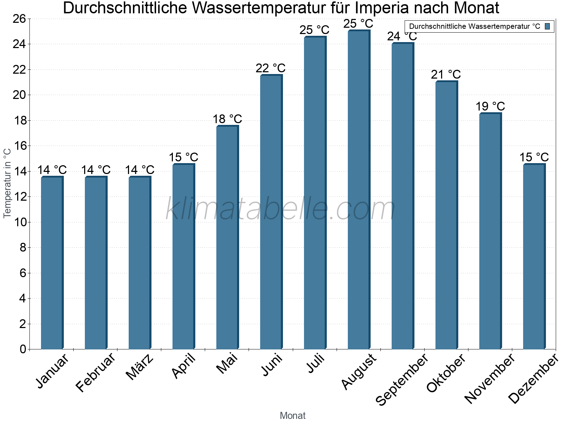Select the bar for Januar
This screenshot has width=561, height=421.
click(52, 263)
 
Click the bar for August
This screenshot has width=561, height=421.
click(359, 189)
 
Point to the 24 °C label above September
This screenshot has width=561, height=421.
click(402, 36)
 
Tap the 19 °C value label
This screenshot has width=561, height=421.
click(490, 106)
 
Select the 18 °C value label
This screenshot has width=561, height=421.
click(227, 119)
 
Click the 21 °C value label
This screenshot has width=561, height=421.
click(446, 74)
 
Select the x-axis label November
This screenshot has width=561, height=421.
click(490, 379)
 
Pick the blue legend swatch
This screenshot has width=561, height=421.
click(548, 26)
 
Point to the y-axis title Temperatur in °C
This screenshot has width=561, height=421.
click(7, 183)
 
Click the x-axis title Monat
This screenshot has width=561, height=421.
click(292, 415)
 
